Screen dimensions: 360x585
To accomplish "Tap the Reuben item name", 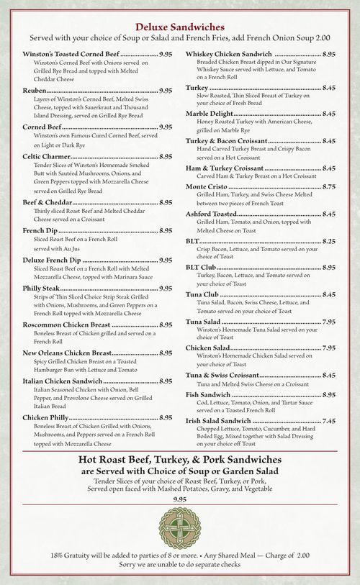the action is pyautogui.click(x=35, y=91).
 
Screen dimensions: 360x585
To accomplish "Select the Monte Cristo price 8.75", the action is pyautogui.click(x=329, y=186).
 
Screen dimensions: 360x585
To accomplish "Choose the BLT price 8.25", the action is pyautogui.click(x=329, y=240).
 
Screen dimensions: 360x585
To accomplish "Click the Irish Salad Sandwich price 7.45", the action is pyautogui.click(x=329, y=421).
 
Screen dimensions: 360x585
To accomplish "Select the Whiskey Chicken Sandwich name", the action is pyautogui.click(x=228, y=54).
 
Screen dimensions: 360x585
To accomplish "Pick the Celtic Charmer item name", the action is pyautogui.click(x=47, y=156).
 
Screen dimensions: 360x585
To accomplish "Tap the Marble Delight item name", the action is pyautogui.click(x=210, y=114).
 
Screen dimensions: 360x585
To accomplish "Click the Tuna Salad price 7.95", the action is pyautogui.click(x=329, y=322).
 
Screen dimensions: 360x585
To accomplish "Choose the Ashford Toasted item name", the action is pyautogui.click(x=211, y=214).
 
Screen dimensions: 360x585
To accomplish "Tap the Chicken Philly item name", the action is pyautogui.click(x=45, y=417).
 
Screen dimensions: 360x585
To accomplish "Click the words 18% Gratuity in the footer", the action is pyautogui.click(x=76, y=556).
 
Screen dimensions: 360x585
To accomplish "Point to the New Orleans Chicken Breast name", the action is pyautogui.click(x=67, y=353).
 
